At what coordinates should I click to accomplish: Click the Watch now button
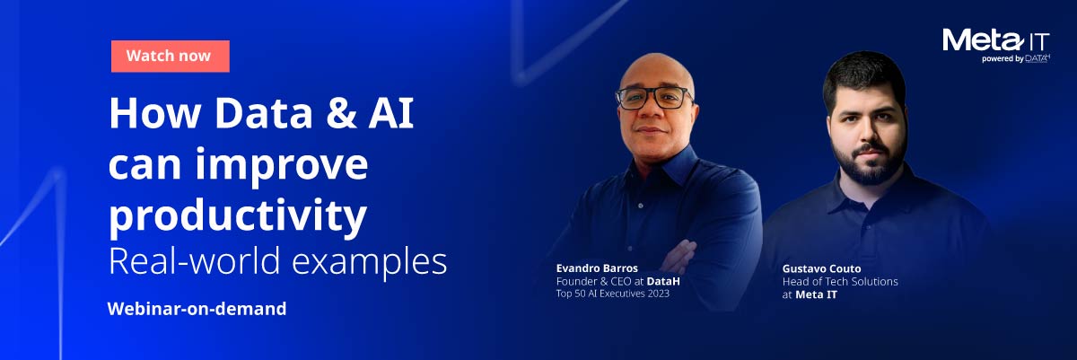(170, 56)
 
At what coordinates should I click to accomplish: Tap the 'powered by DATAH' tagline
(1015, 59)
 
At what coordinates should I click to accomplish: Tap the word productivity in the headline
(237, 215)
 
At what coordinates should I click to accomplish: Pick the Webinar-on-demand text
(197, 309)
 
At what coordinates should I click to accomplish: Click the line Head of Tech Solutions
(839, 281)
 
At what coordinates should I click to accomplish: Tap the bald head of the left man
(655, 66)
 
